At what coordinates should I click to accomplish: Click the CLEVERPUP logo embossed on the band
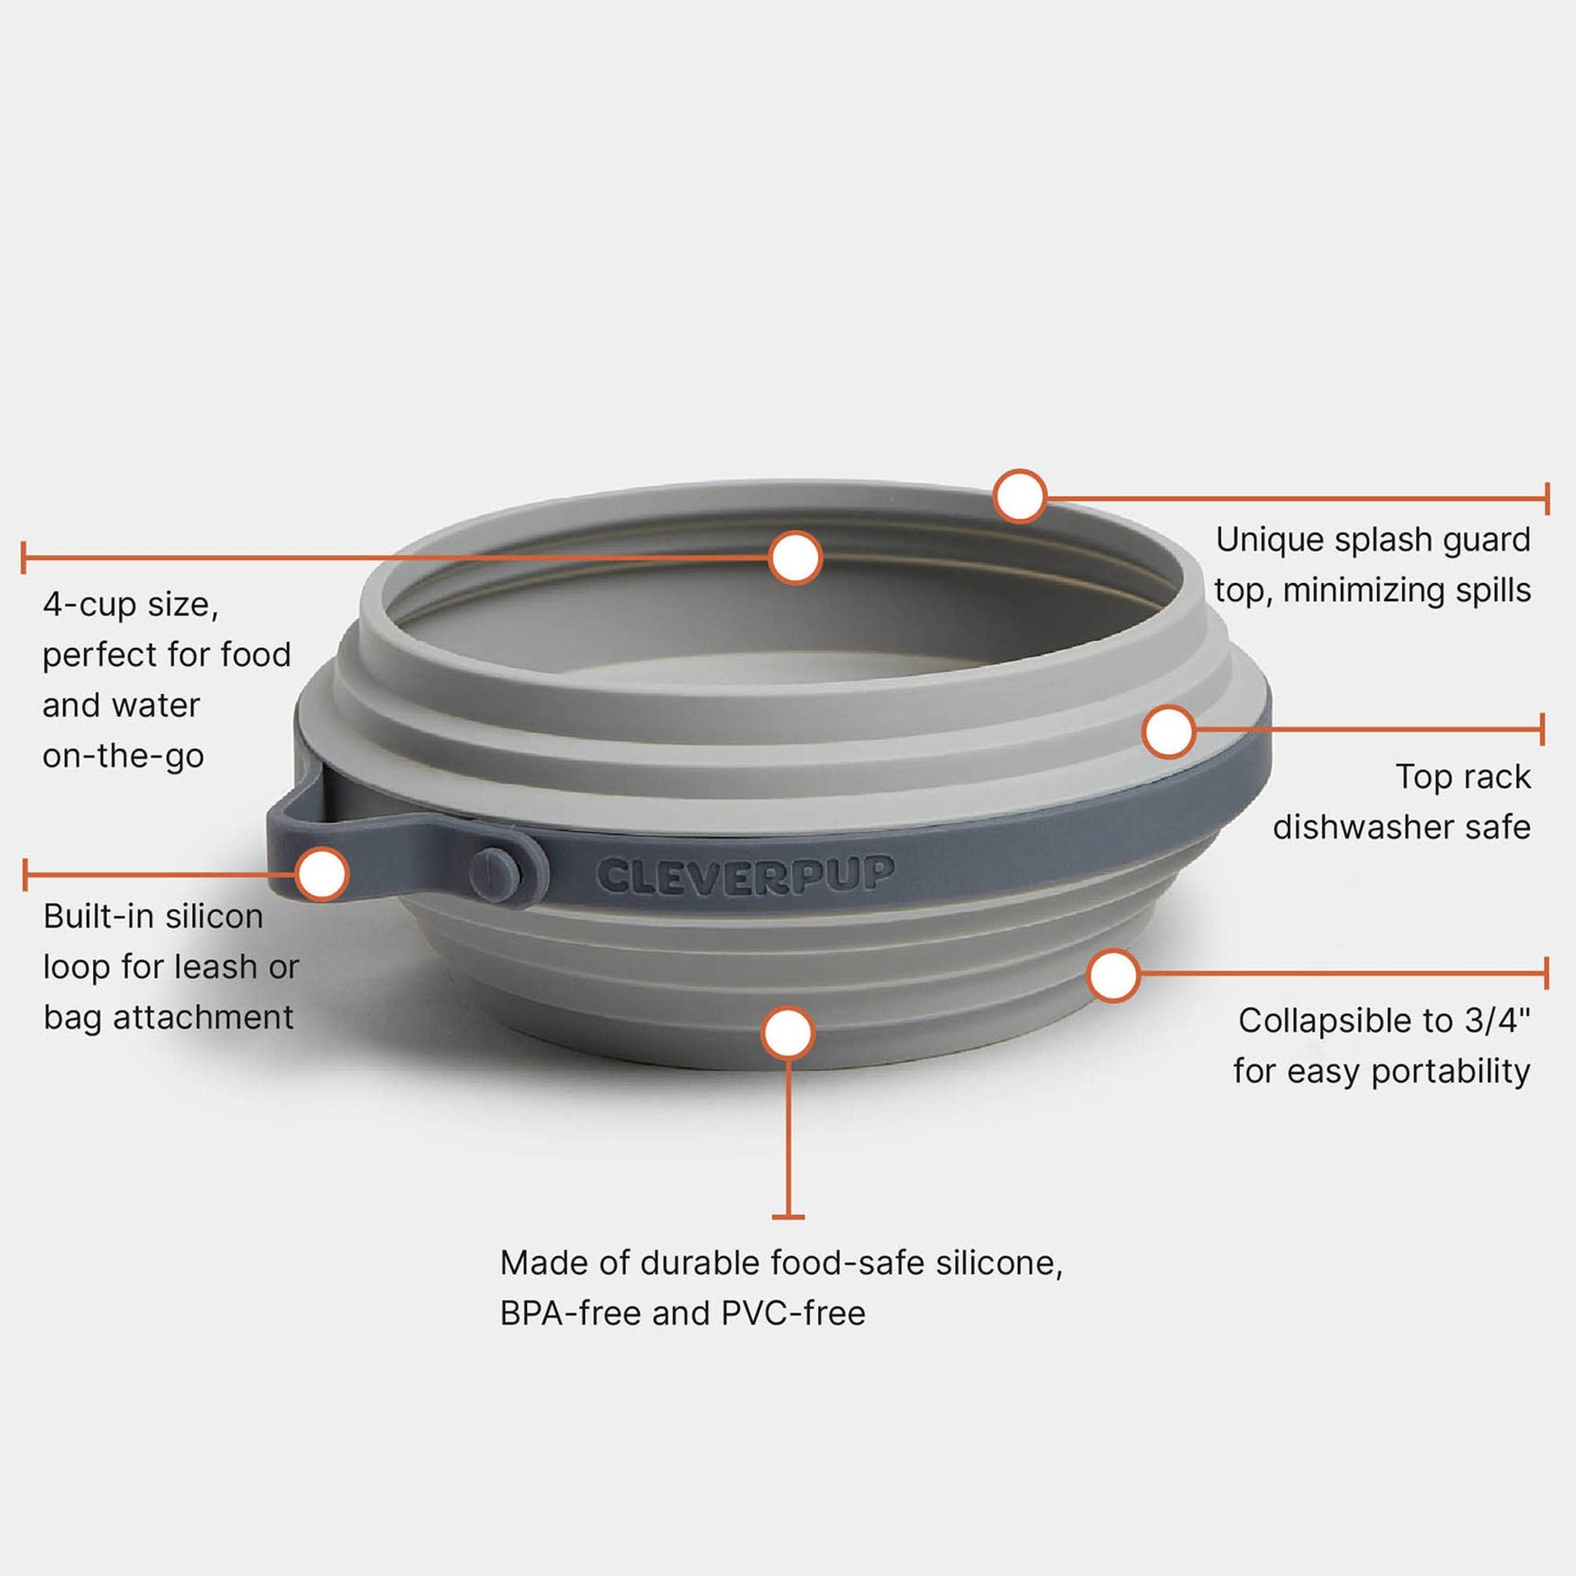745,876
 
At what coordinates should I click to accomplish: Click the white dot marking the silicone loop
322,874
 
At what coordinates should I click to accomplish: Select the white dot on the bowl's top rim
1020,495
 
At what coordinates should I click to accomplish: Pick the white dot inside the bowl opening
794,558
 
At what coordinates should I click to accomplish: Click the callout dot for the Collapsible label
1114,975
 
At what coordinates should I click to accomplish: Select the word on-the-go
123,758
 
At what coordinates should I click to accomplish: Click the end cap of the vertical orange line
788,1217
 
